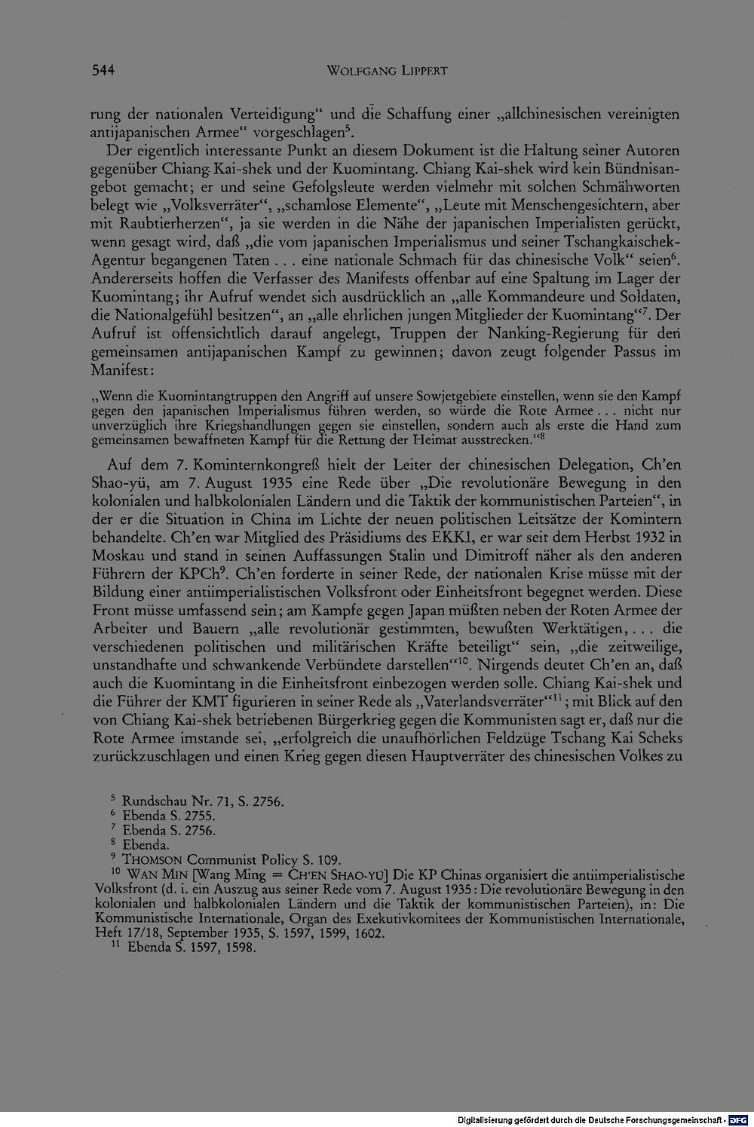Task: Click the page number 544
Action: [103, 71]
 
